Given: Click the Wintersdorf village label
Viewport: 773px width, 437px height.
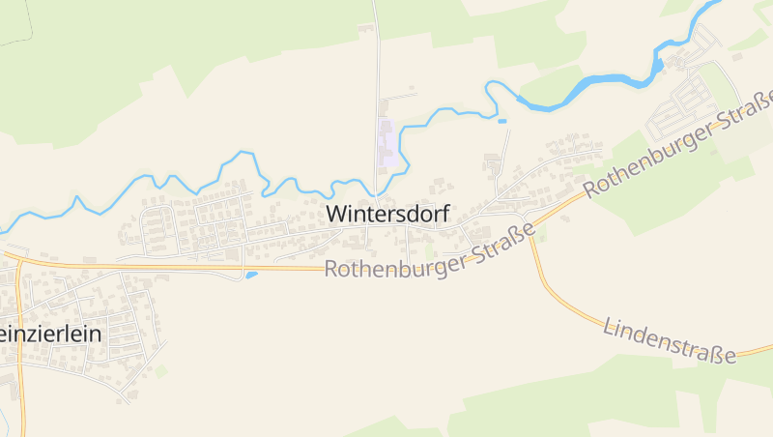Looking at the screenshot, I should click(388, 214).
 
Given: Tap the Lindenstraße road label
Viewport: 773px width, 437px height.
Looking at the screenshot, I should click(669, 339).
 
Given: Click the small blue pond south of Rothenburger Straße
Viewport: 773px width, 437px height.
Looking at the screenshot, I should click(251, 276).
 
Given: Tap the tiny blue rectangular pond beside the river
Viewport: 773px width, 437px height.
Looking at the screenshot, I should click(501, 121).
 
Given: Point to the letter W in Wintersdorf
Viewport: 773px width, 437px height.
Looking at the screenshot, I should click(337, 214).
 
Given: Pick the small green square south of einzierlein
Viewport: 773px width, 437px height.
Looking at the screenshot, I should click(160, 370).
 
